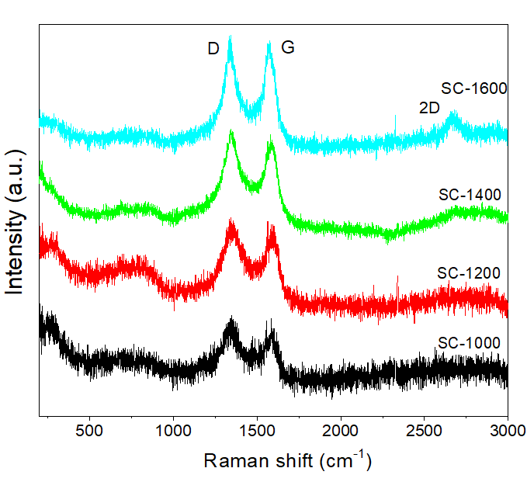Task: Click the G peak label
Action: coord(288,47)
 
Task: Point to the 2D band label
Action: coord(429,109)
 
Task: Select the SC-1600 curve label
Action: coord(474,88)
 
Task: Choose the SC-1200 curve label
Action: coord(468,273)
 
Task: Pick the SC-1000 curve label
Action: coord(469,342)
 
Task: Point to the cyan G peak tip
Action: coord(269,44)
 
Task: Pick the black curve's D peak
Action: coord(231,320)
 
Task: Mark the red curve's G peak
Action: coord(271,226)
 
